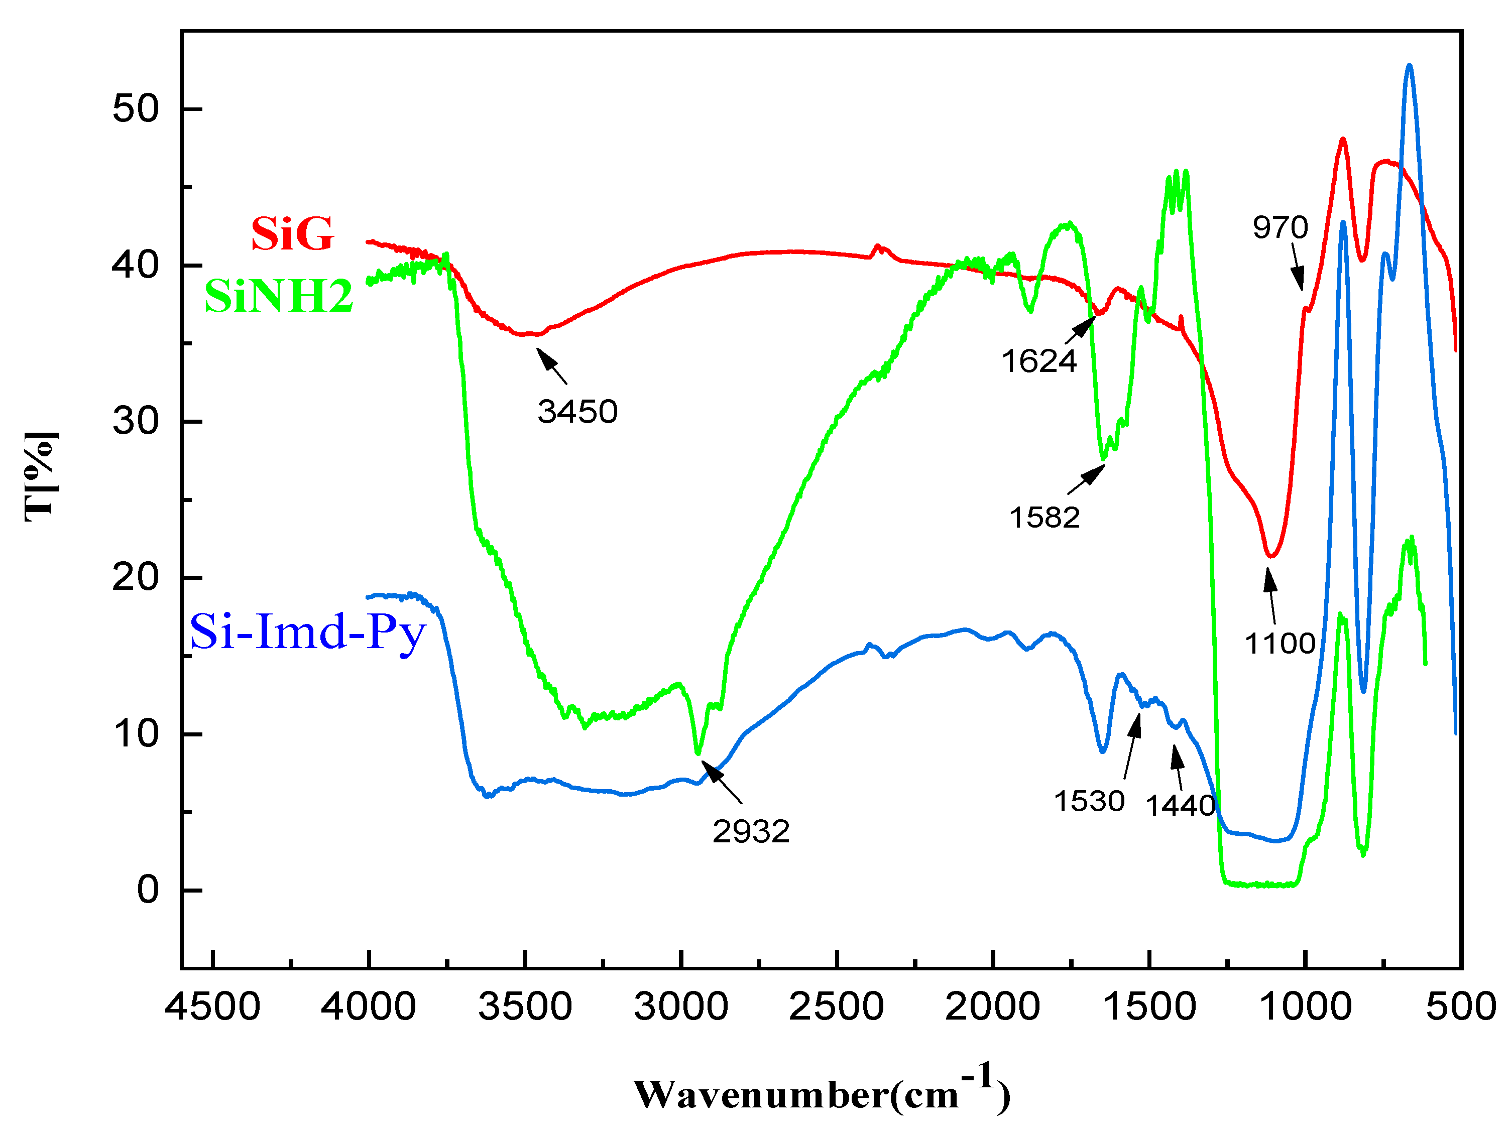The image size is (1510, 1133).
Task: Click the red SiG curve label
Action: (292, 233)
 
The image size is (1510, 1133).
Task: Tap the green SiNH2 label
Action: (279, 296)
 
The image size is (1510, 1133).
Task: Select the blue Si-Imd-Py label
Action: (307, 632)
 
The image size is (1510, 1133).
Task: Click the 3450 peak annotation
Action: (577, 412)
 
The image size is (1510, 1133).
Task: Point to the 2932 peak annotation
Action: (751, 831)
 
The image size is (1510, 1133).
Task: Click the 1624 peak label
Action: (1038, 361)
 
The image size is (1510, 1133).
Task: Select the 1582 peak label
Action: (1044, 518)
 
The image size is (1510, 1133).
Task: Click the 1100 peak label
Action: (1280, 643)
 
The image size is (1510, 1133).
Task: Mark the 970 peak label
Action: (1280, 227)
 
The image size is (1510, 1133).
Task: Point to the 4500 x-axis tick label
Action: (212, 1006)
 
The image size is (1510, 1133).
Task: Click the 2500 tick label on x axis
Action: (836, 1006)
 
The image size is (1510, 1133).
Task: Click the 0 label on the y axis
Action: (148, 890)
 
